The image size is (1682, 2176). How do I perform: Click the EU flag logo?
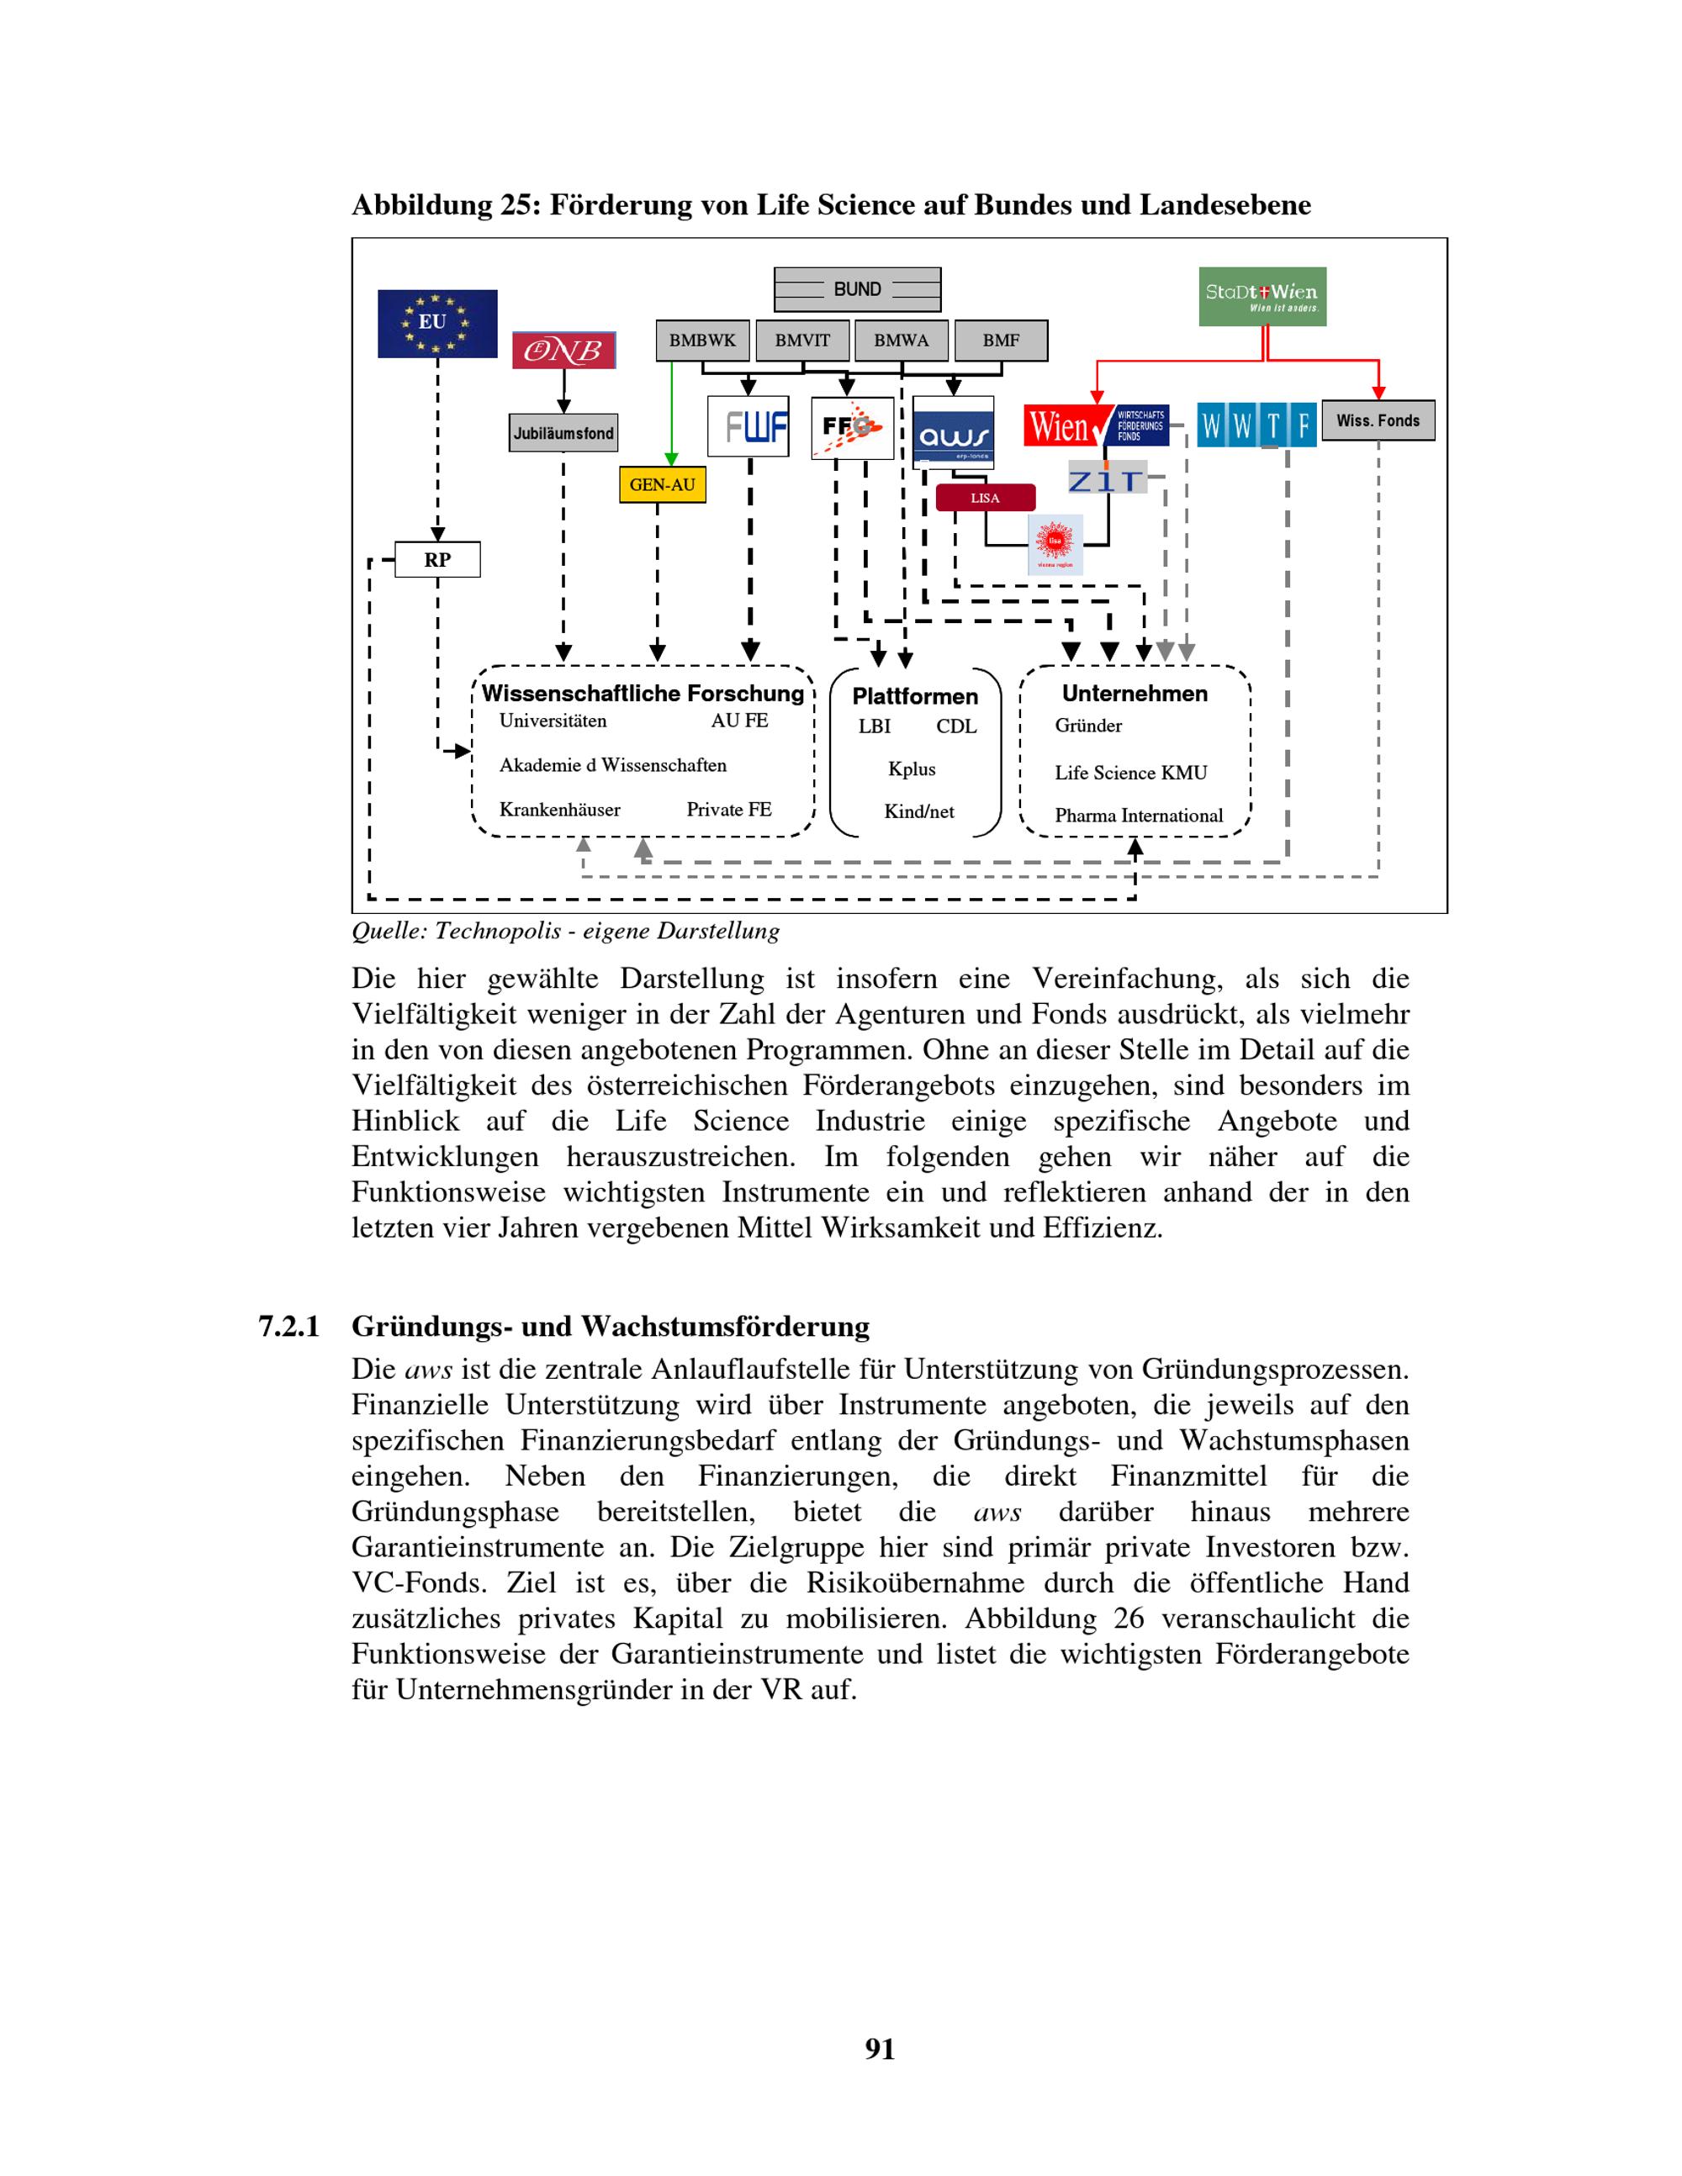(x=436, y=324)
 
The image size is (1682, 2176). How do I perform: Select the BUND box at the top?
(x=857, y=289)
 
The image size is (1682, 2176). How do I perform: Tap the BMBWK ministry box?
(x=702, y=341)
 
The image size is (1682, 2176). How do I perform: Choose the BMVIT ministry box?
(x=802, y=341)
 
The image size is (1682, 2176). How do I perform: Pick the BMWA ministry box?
(x=902, y=341)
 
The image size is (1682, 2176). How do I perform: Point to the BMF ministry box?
(x=1002, y=341)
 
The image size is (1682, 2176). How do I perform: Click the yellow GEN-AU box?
(x=663, y=485)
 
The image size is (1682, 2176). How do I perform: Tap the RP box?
(x=437, y=560)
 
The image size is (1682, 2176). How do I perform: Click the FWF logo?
(x=748, y=427)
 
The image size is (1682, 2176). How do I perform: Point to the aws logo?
(x=954, y=432)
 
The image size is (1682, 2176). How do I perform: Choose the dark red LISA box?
(x=986, y=498)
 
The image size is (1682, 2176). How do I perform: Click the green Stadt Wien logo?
(x=1262, y=296)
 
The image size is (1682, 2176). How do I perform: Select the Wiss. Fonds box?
(x=1378, y=420)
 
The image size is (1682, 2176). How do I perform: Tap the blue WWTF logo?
(x=1256, y=425)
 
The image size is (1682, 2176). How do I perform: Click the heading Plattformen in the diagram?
(x=915, y=696)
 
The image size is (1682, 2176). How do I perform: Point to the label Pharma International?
(x=1139, y=816)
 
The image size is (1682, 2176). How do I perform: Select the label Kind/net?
(x=918, y=812)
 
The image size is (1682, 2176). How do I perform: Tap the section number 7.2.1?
(x=289, y=1327)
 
